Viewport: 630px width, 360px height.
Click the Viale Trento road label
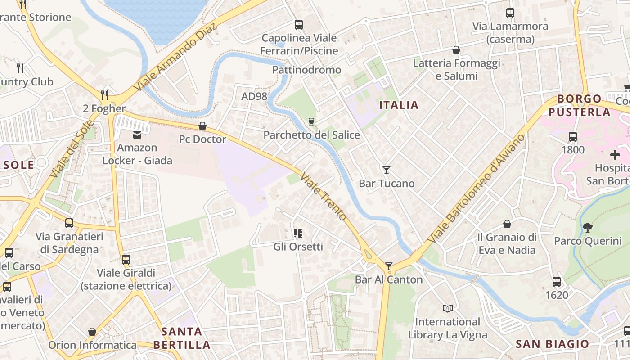(x=323, y=196)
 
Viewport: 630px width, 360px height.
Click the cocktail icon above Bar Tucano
(x=386, y=170)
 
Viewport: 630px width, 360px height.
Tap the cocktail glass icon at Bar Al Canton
(x=389, y=266)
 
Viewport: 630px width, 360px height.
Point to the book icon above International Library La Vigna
(x=447, y=308)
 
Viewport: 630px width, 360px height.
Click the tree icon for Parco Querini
(x=587, y=227)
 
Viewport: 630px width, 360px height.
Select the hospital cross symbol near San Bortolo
(x=615, y=155)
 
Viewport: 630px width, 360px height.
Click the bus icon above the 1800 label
(x=573, y=136)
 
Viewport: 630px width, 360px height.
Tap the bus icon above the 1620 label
(x=557, y=282)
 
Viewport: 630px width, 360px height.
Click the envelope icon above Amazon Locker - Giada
(x=137, y=134)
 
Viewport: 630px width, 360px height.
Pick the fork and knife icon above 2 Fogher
(x=104, y=95)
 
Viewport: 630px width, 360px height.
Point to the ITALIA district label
(x=399, y=105)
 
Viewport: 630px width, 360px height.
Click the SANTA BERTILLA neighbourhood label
(x=181, y=338)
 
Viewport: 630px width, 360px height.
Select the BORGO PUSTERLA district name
(x=579, y=105)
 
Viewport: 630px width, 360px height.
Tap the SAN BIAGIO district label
(x=552, y=344)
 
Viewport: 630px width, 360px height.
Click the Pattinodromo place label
(x=306, y=70)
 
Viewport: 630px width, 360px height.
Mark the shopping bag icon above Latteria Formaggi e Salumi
(x=456, y=49)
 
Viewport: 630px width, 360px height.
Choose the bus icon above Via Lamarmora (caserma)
(x=510, y=13)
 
